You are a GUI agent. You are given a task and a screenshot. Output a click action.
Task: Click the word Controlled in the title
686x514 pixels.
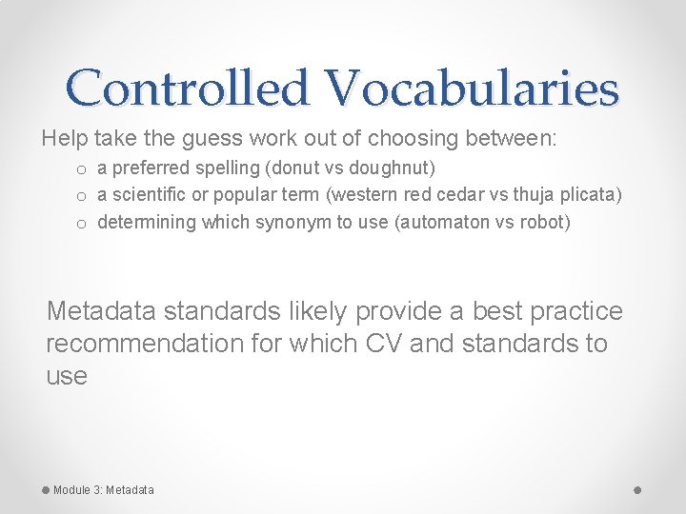(x=188, y=89)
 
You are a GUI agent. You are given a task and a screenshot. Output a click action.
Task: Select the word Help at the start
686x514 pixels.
(x=65, y=139)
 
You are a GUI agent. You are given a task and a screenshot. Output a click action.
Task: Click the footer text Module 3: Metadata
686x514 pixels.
(x=103, y=490)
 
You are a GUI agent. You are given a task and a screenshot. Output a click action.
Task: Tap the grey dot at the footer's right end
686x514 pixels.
(x=637, y=489)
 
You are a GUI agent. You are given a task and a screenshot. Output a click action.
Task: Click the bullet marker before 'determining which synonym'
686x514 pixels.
(x=83, y=223)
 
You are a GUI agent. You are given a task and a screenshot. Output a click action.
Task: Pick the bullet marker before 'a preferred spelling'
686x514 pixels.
(x=83, y=169)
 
